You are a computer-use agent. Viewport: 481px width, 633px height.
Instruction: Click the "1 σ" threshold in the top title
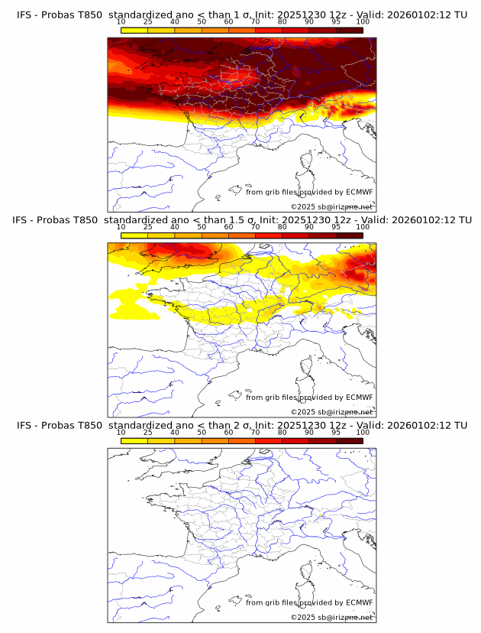pyautogui.click(x=247, y=15)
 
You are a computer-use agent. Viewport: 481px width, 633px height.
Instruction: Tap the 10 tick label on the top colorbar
pyautogui.click(x=121, y=21)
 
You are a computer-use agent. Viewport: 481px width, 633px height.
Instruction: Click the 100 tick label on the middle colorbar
pyautogui.click(x=363, y=227)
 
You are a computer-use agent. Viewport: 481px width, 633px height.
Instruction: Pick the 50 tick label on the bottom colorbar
pyautogui.click(x=202, y=432)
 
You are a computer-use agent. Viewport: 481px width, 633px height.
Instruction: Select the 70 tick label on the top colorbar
pyautogui.click(x=255, y=21)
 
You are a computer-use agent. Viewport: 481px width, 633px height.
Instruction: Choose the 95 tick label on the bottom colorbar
pyautogui.click(x=336, y=432)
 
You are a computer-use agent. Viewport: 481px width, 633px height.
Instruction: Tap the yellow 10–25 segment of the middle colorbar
pyautogui.click(x=134, y=235)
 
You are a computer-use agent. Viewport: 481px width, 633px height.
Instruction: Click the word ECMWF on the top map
pyautogui.click(x=360, y=192)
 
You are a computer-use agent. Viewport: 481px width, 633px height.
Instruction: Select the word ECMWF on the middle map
pyautogui.click(x=360, y=397)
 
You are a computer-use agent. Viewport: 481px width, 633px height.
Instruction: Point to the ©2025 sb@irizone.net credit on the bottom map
pyautogui.click(x=331, y=617)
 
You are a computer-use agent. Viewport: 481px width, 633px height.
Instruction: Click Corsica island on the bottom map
pyautogui.click(x=306, y=573)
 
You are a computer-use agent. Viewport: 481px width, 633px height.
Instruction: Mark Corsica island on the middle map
pyautogui.click(x=306, y=368)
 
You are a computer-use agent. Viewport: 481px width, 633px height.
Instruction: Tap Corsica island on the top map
pyautogui.click(x=306, y=163)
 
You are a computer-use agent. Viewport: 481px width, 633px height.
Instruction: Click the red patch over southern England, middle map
pyautogui.click(x=179, y=249)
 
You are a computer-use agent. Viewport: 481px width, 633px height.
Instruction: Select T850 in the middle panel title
pyautogui.click(x=88, y=220)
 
